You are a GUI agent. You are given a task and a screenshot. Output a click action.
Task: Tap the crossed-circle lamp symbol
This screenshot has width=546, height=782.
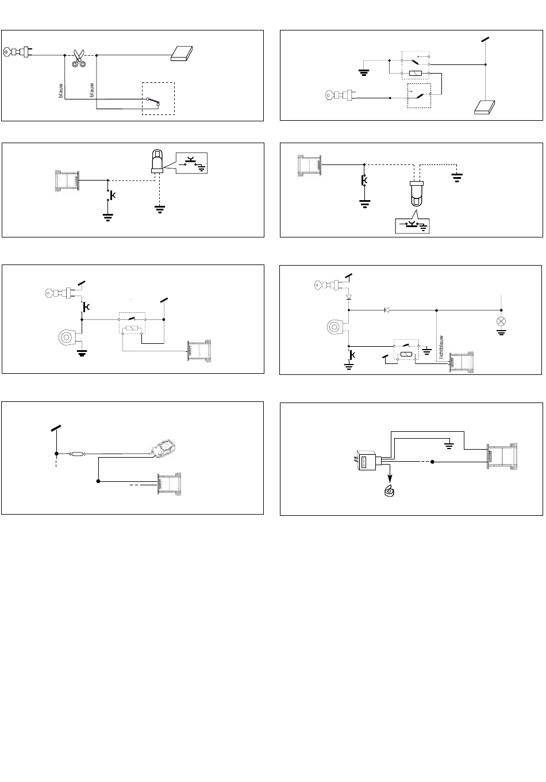click(x=501, y=320)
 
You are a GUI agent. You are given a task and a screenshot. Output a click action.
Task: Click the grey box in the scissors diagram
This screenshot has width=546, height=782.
click(x=183, y=53)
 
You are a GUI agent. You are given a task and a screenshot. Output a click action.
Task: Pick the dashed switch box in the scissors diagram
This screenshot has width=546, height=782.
click(x=158, y=98)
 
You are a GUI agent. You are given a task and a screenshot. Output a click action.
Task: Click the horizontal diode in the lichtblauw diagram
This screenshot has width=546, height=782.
click(x=387, y=310)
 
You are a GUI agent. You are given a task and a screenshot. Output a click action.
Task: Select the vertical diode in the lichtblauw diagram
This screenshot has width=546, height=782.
click(x=348, y=298)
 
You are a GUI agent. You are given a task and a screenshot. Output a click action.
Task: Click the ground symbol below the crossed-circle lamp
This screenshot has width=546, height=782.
click(x=501, y=332)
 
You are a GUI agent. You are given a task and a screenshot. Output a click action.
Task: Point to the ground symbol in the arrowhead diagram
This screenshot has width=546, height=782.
click(x=449, y=443)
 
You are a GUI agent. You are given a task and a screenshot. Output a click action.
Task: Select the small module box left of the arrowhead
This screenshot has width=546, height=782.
click(x=366, y=461)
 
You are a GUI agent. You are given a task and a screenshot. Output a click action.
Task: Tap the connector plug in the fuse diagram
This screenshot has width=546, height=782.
click(x=170, y=484)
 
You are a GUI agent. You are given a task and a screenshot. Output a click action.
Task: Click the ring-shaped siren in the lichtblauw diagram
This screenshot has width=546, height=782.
click(x=335, y=328)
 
